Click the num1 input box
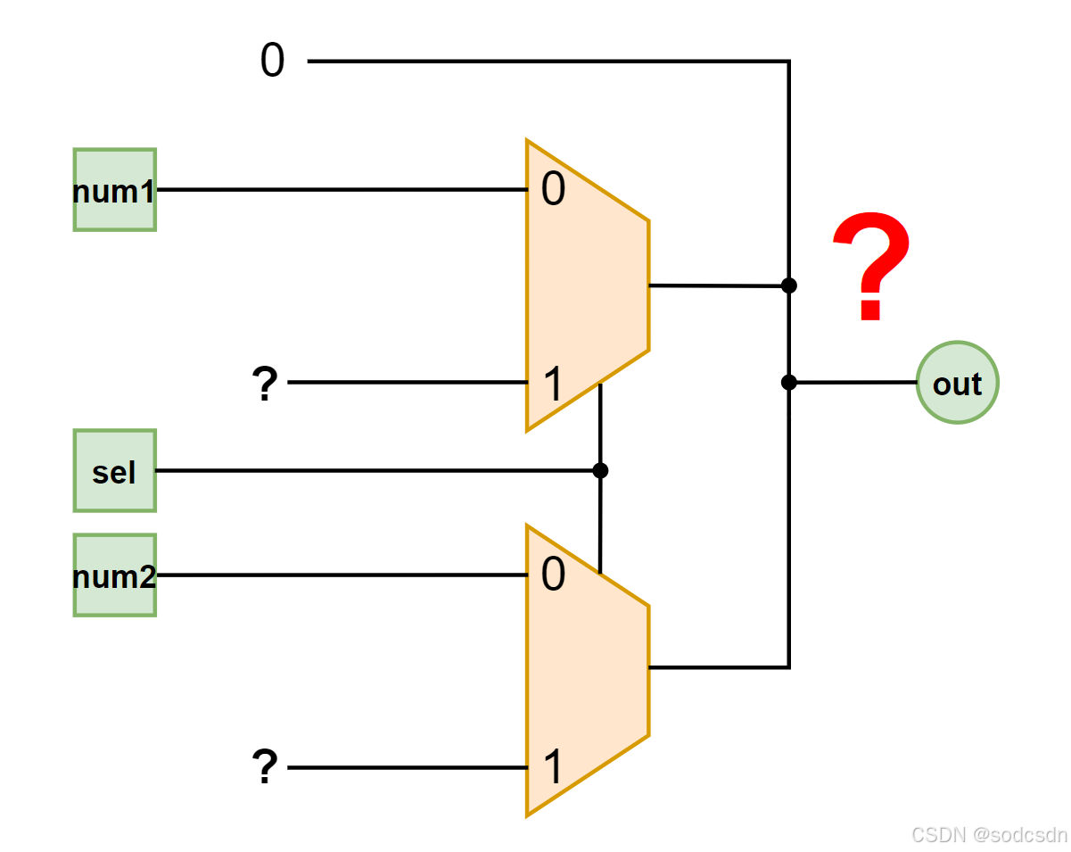tap(114, 190)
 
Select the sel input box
tap(114, 470)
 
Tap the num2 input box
tap(114, 575)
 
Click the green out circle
tap(957, 383)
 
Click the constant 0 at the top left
tap(272, 62)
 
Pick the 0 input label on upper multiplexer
tap(553, 191)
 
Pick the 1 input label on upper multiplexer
tap(553, 385)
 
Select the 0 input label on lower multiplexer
tap(553, 576)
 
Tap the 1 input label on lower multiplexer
tap(553, 767)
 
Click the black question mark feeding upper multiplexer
tap(264, 385)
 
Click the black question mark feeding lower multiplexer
tap(264, 767)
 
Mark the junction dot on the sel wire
tap(600, 470)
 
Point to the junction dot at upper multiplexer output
tap(788, 285)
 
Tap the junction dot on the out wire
tap(788, 383)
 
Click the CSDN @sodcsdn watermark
tap(989, 834)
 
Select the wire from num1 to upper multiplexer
tap(339, 190)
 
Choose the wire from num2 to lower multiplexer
tap(339, 575)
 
